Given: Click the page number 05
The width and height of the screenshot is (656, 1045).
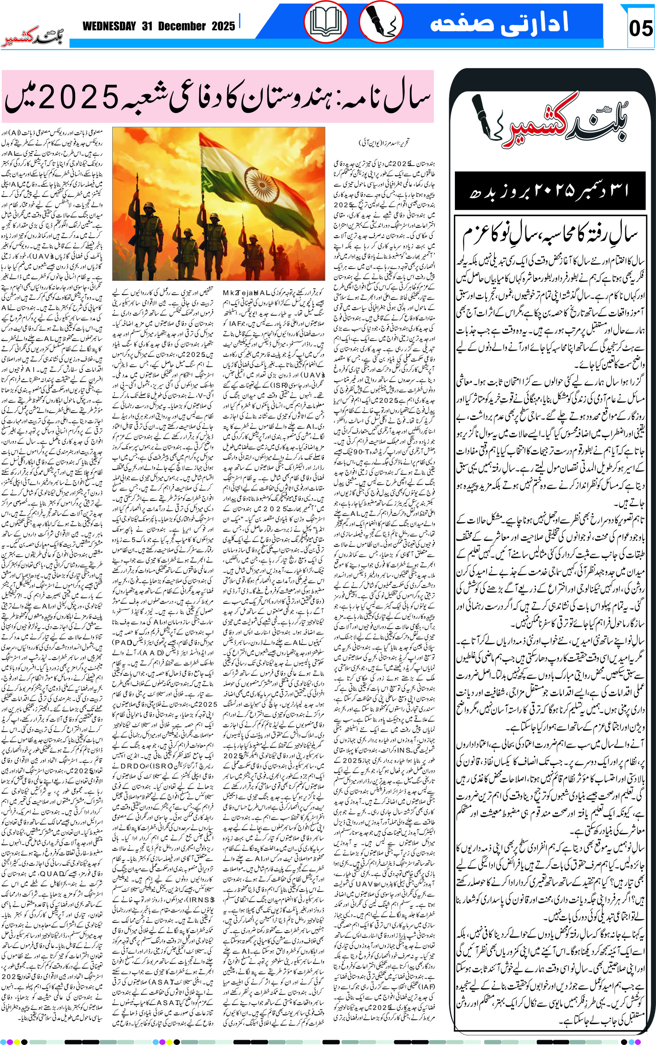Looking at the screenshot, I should click(640, 29).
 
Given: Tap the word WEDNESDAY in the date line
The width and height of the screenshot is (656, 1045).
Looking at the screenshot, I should click(109, 26).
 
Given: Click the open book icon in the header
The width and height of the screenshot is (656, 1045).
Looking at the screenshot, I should click(325, 22).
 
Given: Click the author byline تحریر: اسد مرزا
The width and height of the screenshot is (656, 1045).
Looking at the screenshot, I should click(384, 142).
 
